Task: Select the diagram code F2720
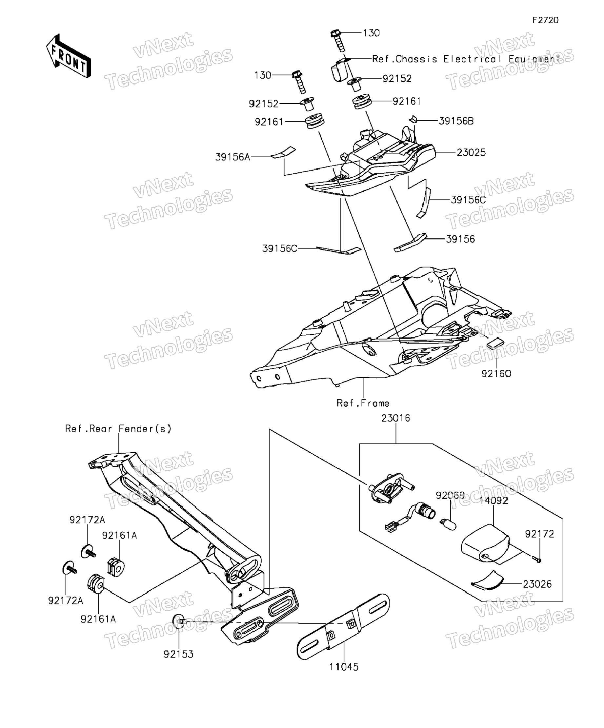[x=545, y=20]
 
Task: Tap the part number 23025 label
[x=471, y=152]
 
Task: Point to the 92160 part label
[x=496, y=374]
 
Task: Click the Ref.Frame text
[x=363, y=403]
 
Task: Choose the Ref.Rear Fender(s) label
[x=118, y=429]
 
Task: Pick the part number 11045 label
[x=344, y=667]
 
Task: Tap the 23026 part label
[x=537, y=584]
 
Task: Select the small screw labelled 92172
[x=537, y=559]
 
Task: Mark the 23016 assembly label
[x=395, y=419]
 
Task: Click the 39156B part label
[x=456, y=121]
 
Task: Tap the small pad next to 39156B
[x=412, y=120]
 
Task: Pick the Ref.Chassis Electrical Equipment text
[x=466, y=59]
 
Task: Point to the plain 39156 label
[x=460, y=239]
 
